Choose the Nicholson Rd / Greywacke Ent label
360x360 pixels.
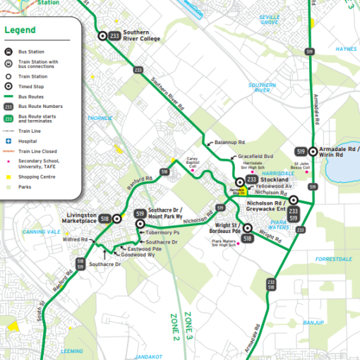tap(265, 205)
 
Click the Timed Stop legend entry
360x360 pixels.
tap(32, 85)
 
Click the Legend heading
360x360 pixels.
tap(20, 30)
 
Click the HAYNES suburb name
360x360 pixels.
tap(347, 49)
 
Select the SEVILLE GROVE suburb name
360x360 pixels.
tap(269, 20)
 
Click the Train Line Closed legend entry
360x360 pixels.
tap(38, 150)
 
